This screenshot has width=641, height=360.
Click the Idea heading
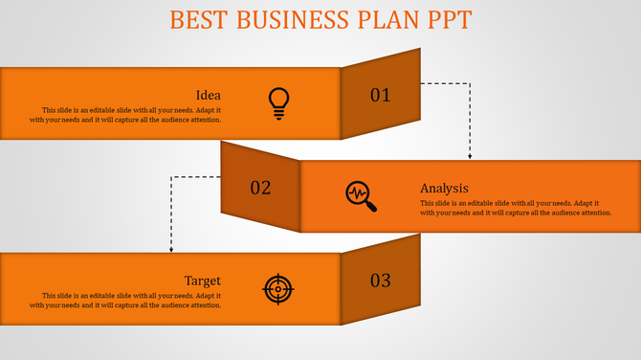[x=208, y=95]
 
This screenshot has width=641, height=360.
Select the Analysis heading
[x=444, y=188]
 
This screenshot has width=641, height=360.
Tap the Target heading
[x=202, y=281]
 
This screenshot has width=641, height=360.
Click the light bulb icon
[x=278, y=102]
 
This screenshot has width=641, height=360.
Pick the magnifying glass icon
[x=361, y=195]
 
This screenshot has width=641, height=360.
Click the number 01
[x=381, y=95]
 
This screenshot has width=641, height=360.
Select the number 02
[x=260, y=188]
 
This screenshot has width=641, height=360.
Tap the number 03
[x=381, y=281]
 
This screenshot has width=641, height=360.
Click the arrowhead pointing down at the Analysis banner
[x=470, y=156]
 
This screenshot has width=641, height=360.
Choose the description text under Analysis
[x=516, y=208]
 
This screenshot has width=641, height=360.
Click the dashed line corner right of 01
[x=470, y=83]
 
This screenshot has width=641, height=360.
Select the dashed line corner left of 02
[x=171, y=176]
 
